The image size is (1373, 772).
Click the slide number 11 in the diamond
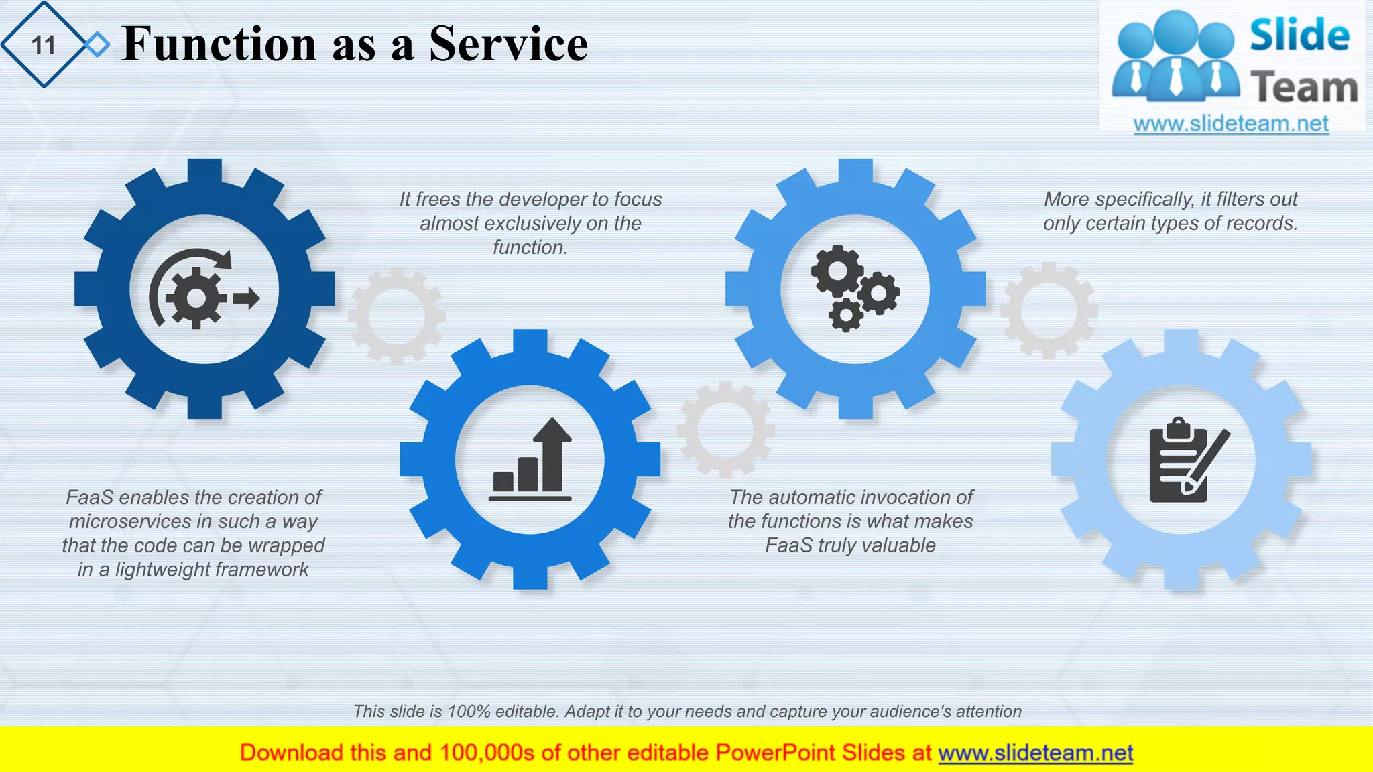tap(44, 45)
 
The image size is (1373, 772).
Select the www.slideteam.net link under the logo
tap(1231, 123)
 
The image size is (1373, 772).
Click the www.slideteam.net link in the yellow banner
tap(1035, 753)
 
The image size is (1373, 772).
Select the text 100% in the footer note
tap(469, 711)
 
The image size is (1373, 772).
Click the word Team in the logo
tap(1303, 88)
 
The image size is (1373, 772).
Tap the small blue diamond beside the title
tap(98, 45)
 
